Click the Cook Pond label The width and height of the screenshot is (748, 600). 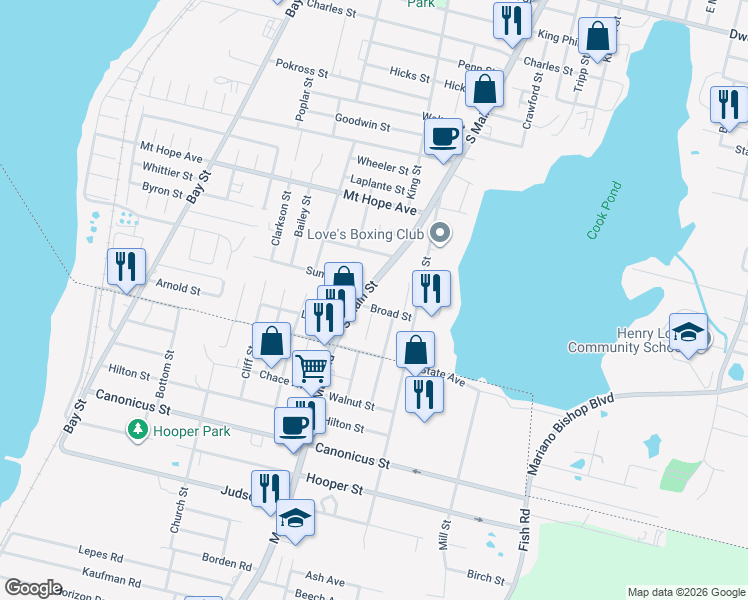click(605, 210)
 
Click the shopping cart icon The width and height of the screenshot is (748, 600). click(312, 369)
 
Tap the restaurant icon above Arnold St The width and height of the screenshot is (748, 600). click(126, 267)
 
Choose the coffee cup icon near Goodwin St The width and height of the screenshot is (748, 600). click(443, 136)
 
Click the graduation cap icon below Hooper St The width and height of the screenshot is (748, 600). click(295, 517)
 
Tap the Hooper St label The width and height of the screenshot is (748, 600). click(335, 485)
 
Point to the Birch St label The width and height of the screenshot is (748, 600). click(486, 576)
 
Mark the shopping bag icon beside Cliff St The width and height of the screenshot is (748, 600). click(272, 341)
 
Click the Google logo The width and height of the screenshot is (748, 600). click(33, 588)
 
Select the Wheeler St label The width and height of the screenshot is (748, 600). click(382, 164)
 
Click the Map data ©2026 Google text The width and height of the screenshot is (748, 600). click(685, 592)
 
